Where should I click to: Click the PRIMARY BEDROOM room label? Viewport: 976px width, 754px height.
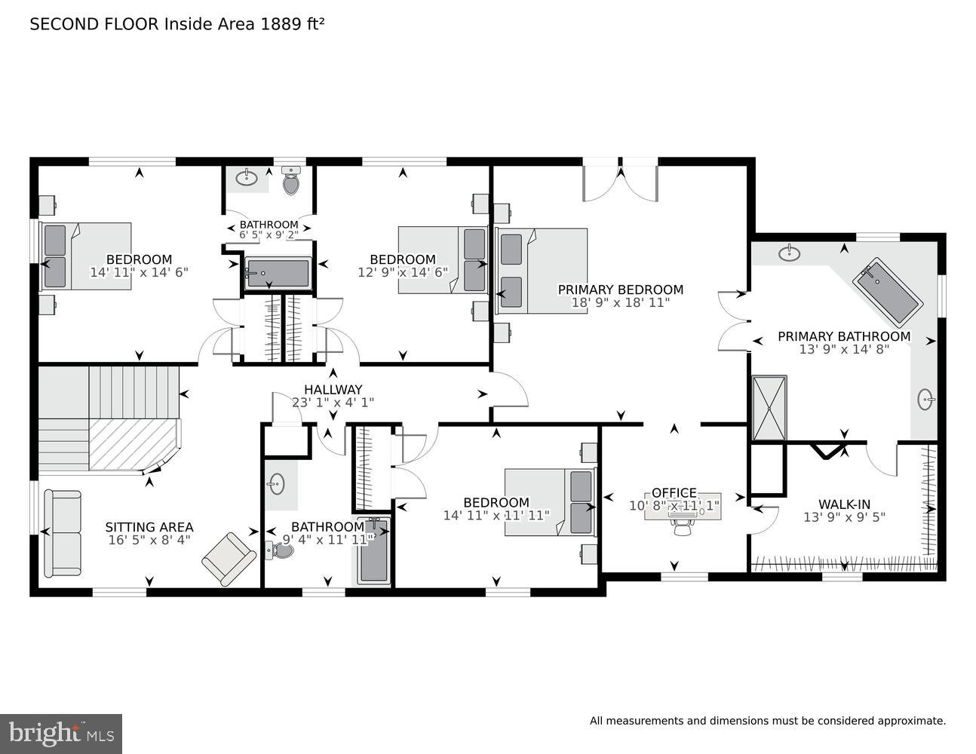[620, 290]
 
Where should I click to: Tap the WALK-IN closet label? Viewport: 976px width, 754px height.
[844, 504]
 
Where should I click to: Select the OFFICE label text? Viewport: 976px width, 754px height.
[674, 493]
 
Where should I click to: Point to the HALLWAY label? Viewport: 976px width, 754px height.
[333, 390]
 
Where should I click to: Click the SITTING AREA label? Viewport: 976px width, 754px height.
[149, 527]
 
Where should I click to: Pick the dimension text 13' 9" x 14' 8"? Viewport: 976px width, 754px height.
[844, 349]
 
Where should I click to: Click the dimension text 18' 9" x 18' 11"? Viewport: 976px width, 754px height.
[620, 303]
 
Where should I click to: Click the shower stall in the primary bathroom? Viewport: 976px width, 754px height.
[769, 408]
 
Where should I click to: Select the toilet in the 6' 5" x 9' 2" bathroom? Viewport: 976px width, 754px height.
[291, 181]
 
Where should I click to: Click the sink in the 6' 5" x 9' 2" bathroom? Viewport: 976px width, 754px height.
[247, 178]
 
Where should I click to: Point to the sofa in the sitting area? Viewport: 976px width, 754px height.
[62, 532]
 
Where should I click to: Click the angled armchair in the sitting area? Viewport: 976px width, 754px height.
[228, 558]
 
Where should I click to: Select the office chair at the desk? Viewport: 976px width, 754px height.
[682, 528]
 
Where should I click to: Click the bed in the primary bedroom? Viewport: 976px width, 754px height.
[542, 271]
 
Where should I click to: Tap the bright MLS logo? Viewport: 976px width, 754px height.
[61, 733]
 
